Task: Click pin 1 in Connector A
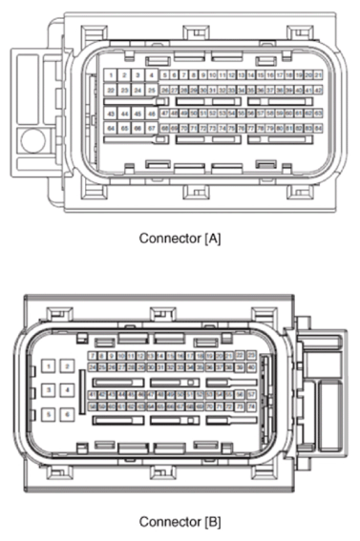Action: (112, 74)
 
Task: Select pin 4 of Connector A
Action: (151, 74)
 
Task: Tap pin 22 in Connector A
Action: (112, 90)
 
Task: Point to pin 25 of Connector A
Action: (151, 90)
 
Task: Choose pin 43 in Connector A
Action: (112, 114)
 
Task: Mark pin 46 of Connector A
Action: (151, 114)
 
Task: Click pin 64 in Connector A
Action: (112, 127)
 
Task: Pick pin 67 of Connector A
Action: (151, 127)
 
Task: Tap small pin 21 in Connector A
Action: (318, 73)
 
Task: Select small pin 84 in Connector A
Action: (318, 127)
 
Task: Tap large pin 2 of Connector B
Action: (68, 366)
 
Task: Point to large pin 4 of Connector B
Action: (68, 390)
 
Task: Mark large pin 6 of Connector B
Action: (68, 414)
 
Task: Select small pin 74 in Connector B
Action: (251, 406)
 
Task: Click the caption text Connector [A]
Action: (180, 238)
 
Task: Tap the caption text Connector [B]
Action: (180, 522)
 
